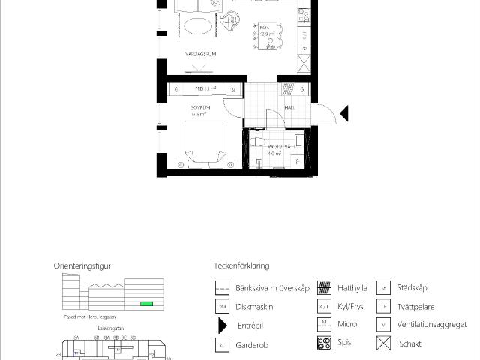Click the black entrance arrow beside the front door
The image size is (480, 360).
click(343, 114)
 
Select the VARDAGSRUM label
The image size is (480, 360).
click(200, 55)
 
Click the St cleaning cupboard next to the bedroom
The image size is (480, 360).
click(233, 89)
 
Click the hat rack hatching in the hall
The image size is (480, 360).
click(288, 89)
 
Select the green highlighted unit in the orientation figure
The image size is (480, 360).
click(146, 303)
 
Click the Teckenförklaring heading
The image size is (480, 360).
click(241, 265)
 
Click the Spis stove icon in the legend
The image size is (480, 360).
click(324, 343)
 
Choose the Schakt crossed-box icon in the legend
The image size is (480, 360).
click(383, 343)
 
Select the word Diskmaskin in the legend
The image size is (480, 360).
click(254, 307)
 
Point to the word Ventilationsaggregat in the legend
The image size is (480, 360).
click(431, 325)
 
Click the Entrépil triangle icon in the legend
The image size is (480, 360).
click(222, 325)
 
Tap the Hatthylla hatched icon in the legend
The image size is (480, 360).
click(324, 287)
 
